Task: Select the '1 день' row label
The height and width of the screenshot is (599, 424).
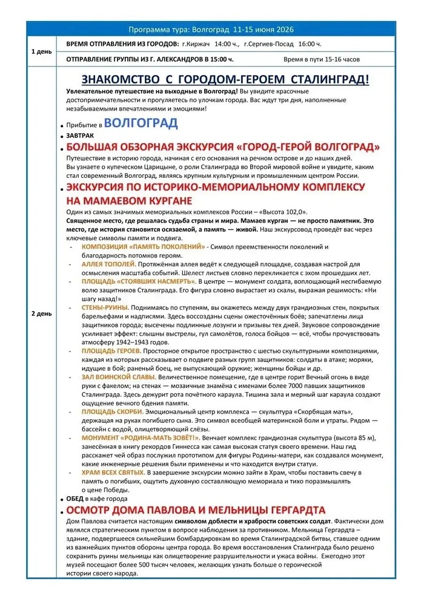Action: (42, 51)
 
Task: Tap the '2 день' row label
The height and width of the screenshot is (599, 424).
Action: (42, 314)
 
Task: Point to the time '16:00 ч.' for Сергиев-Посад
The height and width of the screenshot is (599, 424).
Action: (310, 45)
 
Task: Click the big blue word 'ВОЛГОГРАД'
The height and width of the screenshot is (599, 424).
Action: (141, 123)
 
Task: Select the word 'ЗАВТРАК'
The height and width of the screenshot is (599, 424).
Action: (81, 137)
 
